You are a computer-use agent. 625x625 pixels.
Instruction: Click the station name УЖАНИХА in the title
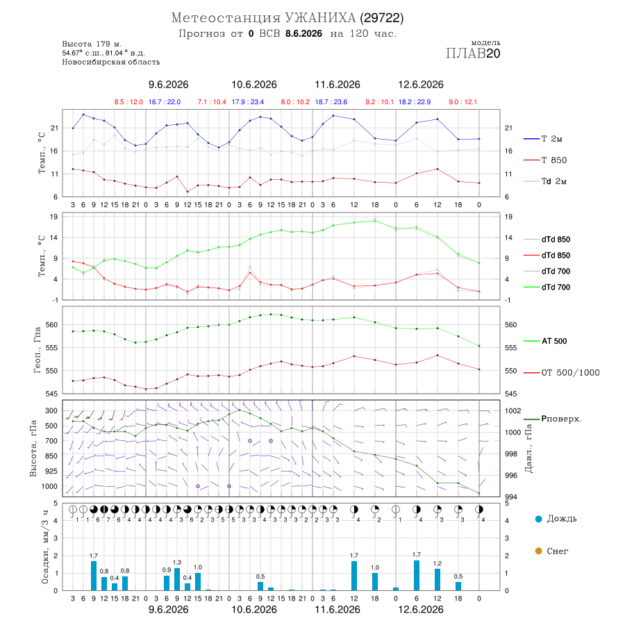(x=319, y=18)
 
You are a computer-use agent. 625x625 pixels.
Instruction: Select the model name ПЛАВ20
(x=473, y=53)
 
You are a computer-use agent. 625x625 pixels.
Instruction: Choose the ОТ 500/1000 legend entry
(x=561, y=373)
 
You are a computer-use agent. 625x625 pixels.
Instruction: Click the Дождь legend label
(x=556, y=519)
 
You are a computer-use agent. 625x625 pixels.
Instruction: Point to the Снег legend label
(x=552, y=551)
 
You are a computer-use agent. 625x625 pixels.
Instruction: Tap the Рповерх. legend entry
(x=553, y=419)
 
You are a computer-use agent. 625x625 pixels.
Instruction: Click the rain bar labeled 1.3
(x=177, y=579)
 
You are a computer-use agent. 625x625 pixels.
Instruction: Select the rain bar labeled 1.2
(x=437, y=580)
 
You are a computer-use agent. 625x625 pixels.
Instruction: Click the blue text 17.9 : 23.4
(x=247, y=102)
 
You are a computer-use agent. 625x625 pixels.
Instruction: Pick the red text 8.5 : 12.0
(x=128, y=102)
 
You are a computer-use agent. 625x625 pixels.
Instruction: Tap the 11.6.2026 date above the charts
(x=337, y=85)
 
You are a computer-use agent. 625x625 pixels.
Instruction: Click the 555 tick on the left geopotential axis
(x=52, y=348)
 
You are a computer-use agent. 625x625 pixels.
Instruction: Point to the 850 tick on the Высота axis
(x=51, y=456)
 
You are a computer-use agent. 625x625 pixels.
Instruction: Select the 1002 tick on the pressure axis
(x=512, y=411)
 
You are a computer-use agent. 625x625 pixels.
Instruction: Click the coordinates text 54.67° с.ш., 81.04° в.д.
(x=103, y=53)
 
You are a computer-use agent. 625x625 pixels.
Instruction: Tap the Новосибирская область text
(x=111, y=62)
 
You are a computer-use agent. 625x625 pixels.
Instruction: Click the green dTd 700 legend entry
(x=547, y=287)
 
